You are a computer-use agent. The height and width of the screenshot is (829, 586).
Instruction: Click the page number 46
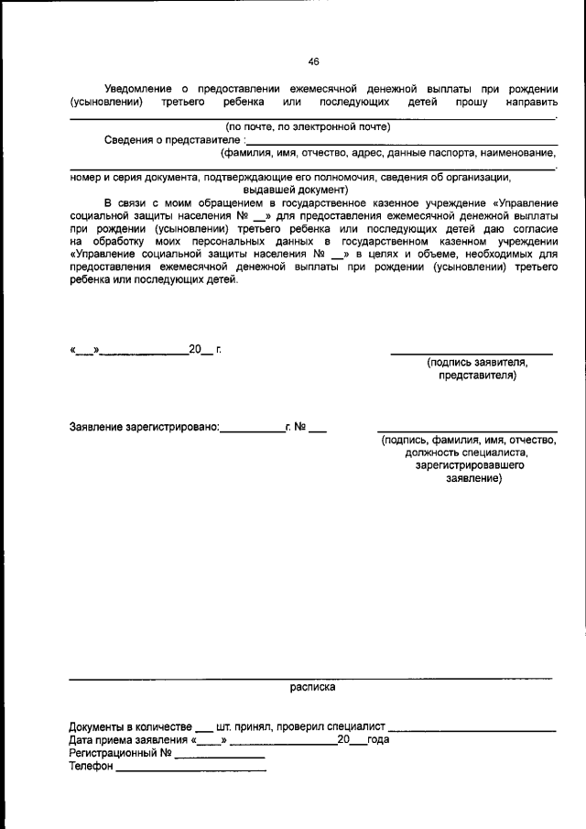pos(314,61)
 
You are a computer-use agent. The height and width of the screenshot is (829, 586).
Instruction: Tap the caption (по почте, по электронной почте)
pos(309,126)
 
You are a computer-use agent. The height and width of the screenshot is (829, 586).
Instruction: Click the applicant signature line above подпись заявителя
pos(472,353)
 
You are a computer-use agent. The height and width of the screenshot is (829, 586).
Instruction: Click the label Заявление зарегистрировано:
pos(145,427)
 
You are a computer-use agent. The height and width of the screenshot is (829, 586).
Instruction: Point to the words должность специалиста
pos(468,453)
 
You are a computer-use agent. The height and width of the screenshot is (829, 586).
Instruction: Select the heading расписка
pos(313,685)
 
